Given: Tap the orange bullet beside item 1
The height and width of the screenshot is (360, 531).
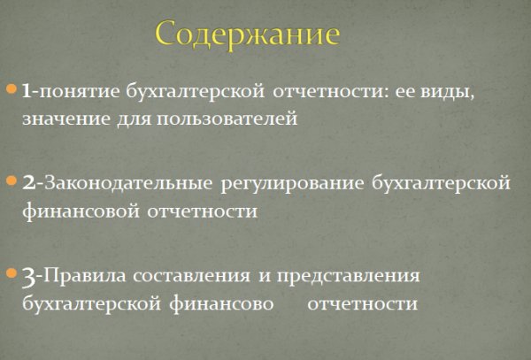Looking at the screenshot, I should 12,90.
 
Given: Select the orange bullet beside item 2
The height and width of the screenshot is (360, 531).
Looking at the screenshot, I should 12,182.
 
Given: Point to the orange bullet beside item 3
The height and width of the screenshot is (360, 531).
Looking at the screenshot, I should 12,274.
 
